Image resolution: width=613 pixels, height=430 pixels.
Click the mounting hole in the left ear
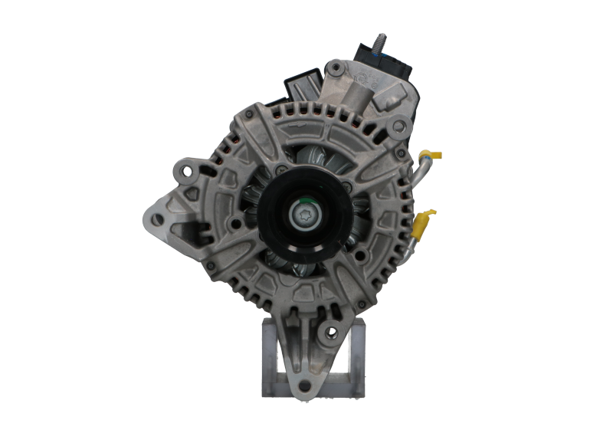[x=158, y=219]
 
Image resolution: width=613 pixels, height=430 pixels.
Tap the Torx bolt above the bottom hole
[x=331, y=332]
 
